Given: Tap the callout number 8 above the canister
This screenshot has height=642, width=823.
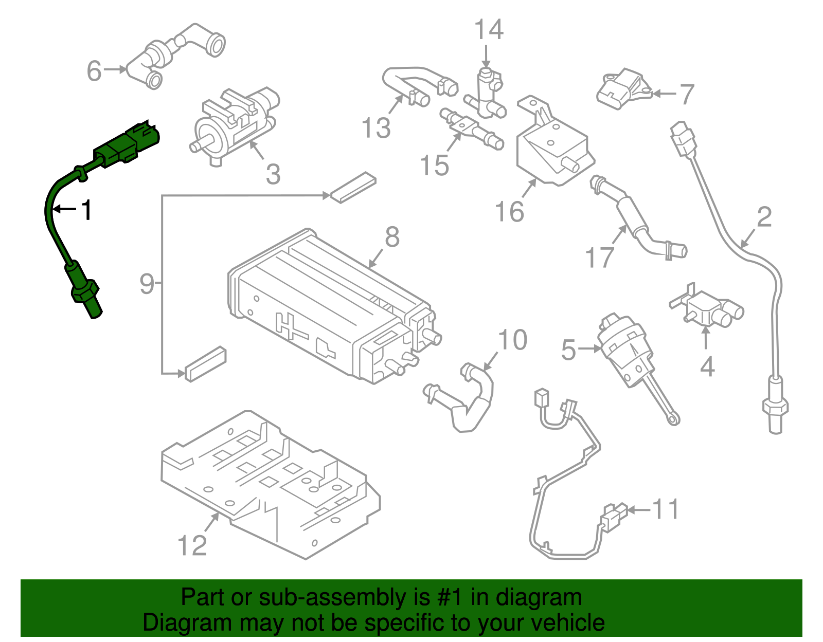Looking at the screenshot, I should (x=392, y=237).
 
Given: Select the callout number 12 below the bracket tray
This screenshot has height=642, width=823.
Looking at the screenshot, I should (x=192, y=545).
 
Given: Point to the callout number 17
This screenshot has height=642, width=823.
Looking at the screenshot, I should (x=600, y=257).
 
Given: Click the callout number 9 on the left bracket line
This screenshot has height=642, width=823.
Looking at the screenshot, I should (x=147, y=283).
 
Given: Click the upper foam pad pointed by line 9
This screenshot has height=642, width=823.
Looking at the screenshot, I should (x=353, y=187).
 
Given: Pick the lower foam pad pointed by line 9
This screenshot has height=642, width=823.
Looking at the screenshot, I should (x=205, y=363).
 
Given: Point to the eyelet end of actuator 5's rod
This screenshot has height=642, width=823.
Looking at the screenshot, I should (x=673, y=420).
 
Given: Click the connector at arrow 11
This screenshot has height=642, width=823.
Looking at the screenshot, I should (x=614, y=517).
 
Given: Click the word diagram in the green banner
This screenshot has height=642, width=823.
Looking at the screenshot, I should (x=539, y=597).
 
